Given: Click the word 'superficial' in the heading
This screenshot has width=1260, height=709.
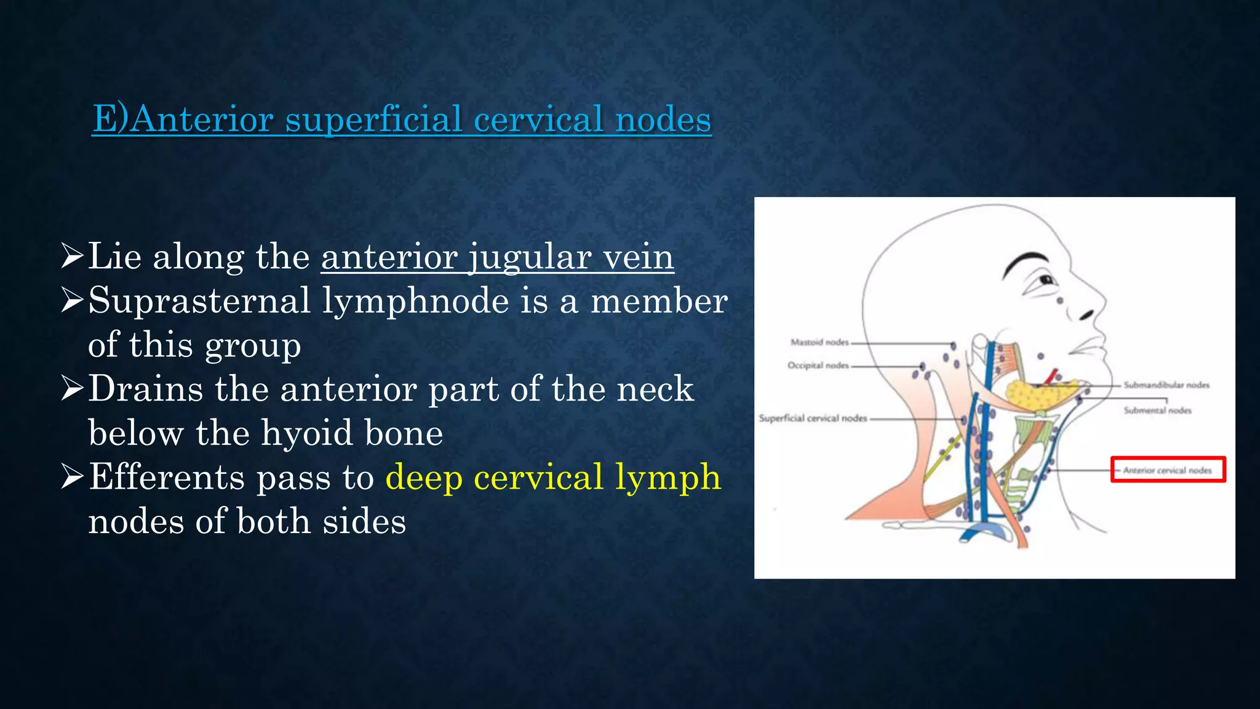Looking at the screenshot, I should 373,119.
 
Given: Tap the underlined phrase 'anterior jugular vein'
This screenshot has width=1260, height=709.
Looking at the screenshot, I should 497,257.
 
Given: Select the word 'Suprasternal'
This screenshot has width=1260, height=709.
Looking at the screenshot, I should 199,301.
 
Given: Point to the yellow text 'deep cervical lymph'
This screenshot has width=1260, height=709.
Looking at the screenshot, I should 553,477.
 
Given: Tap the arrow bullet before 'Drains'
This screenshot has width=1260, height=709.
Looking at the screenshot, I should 72,389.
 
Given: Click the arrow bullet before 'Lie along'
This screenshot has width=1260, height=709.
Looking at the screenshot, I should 72,256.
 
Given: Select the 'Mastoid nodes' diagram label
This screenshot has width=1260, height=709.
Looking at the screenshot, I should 819,342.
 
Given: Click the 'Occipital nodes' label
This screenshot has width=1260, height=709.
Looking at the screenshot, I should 818,366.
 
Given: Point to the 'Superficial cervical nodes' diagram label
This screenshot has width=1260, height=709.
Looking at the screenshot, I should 813,419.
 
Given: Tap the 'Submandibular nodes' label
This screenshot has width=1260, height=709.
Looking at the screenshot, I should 1166,385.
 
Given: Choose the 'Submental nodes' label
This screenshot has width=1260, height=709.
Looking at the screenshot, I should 1157,411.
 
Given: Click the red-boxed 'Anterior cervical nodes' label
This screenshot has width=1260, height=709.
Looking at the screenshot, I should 1168,470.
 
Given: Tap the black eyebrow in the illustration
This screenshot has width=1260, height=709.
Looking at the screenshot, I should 1024,261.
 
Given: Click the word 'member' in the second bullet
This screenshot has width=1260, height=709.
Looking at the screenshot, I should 659,301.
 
